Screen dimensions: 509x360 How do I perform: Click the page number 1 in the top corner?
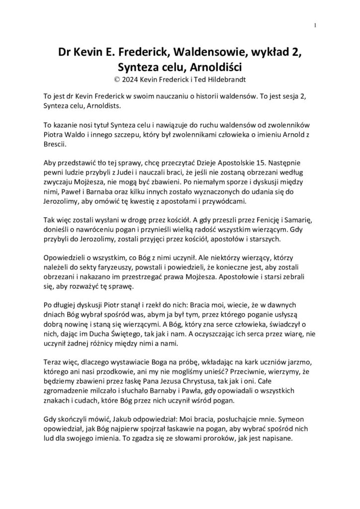point(315,25)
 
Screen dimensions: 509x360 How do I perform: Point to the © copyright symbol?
point(117,78)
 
